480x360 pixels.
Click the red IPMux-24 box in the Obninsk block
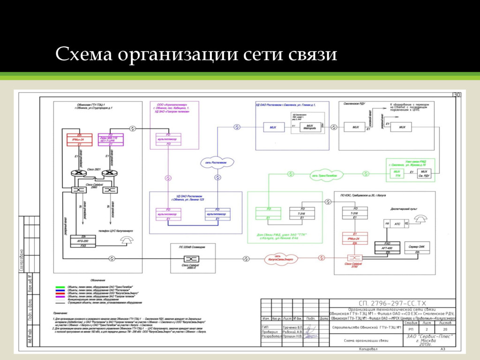79,140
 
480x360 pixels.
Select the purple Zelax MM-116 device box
111,140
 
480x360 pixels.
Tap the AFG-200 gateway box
82,241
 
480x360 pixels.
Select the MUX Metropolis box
309,127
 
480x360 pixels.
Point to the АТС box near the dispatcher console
397,225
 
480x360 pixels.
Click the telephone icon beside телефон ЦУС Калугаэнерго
126,240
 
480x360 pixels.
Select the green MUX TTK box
397,174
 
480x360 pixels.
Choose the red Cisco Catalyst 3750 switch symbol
353,258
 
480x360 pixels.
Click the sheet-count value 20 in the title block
444,330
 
